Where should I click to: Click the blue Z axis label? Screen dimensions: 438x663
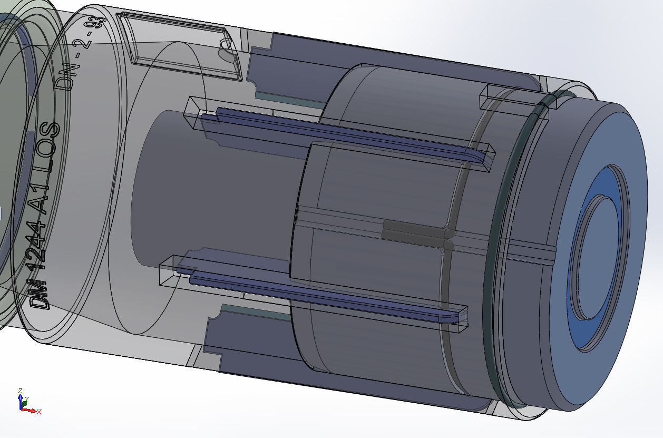click(19, 391)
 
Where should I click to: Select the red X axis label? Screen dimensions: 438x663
click(39, 412)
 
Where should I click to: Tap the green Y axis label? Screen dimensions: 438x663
click(27, 399)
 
